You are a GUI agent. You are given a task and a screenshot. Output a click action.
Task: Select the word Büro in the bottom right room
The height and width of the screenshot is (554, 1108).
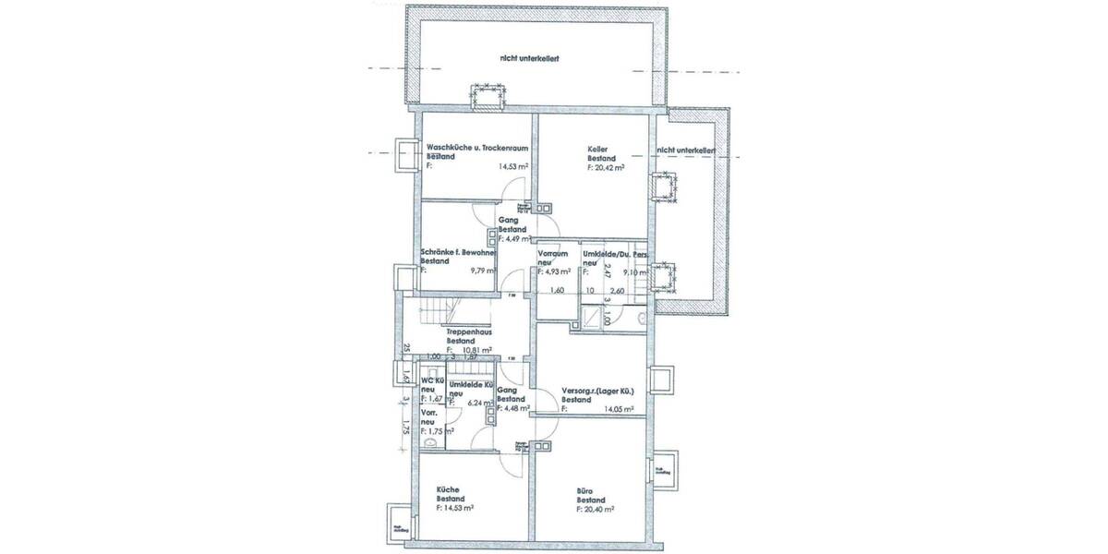pos(584,489)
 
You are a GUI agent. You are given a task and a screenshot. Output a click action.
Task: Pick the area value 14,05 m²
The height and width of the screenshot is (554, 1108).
pos(618,409)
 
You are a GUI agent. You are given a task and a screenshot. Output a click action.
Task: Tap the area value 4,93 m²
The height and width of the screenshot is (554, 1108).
pos(557,271)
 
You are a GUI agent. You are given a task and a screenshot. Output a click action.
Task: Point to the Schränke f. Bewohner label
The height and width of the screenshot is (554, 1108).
pos(460,251)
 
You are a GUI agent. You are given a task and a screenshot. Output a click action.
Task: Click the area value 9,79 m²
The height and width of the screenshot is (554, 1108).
pos(483,271)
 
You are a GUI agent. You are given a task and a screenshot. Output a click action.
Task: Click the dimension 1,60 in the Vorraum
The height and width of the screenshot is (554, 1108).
pos(557,291)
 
